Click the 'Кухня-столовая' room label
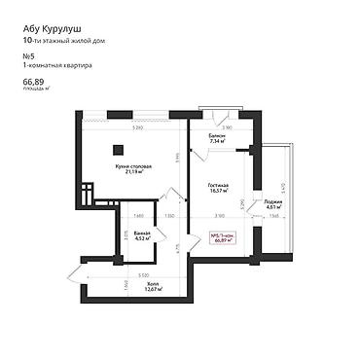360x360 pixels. pos(133,166)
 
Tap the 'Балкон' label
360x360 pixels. pos(217,135)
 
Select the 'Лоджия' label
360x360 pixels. pos(272,201)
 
